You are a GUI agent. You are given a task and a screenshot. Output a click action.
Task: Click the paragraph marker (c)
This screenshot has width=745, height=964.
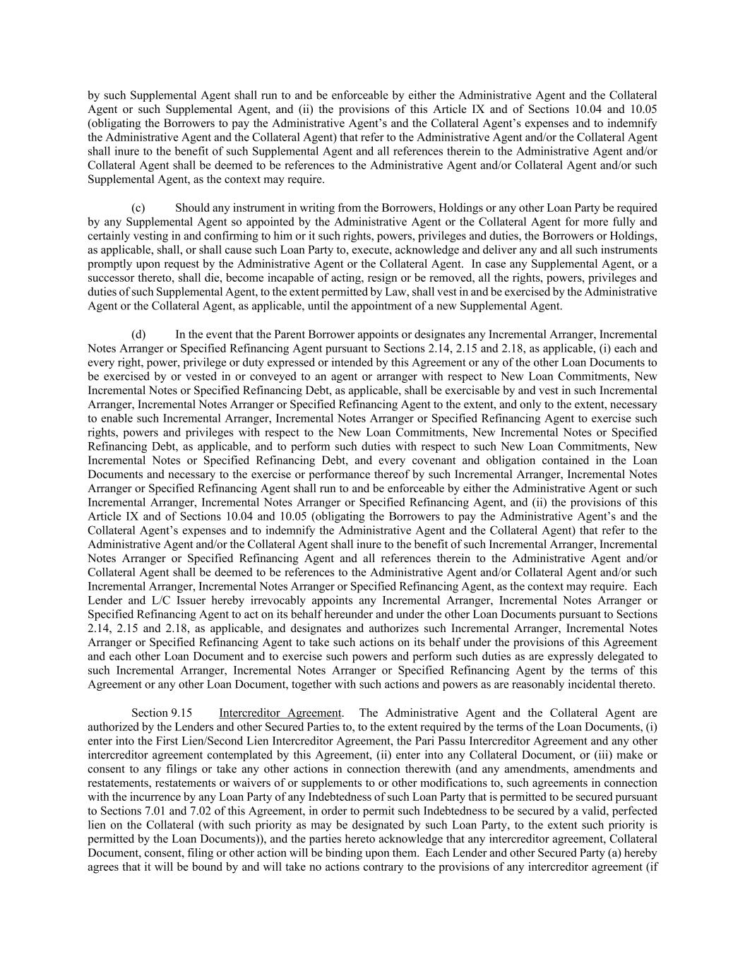click(138, 208)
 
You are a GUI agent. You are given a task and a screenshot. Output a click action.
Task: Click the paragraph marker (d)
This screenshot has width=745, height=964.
click(138, 334)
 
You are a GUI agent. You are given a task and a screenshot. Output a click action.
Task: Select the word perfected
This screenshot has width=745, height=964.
click(633, 811)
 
